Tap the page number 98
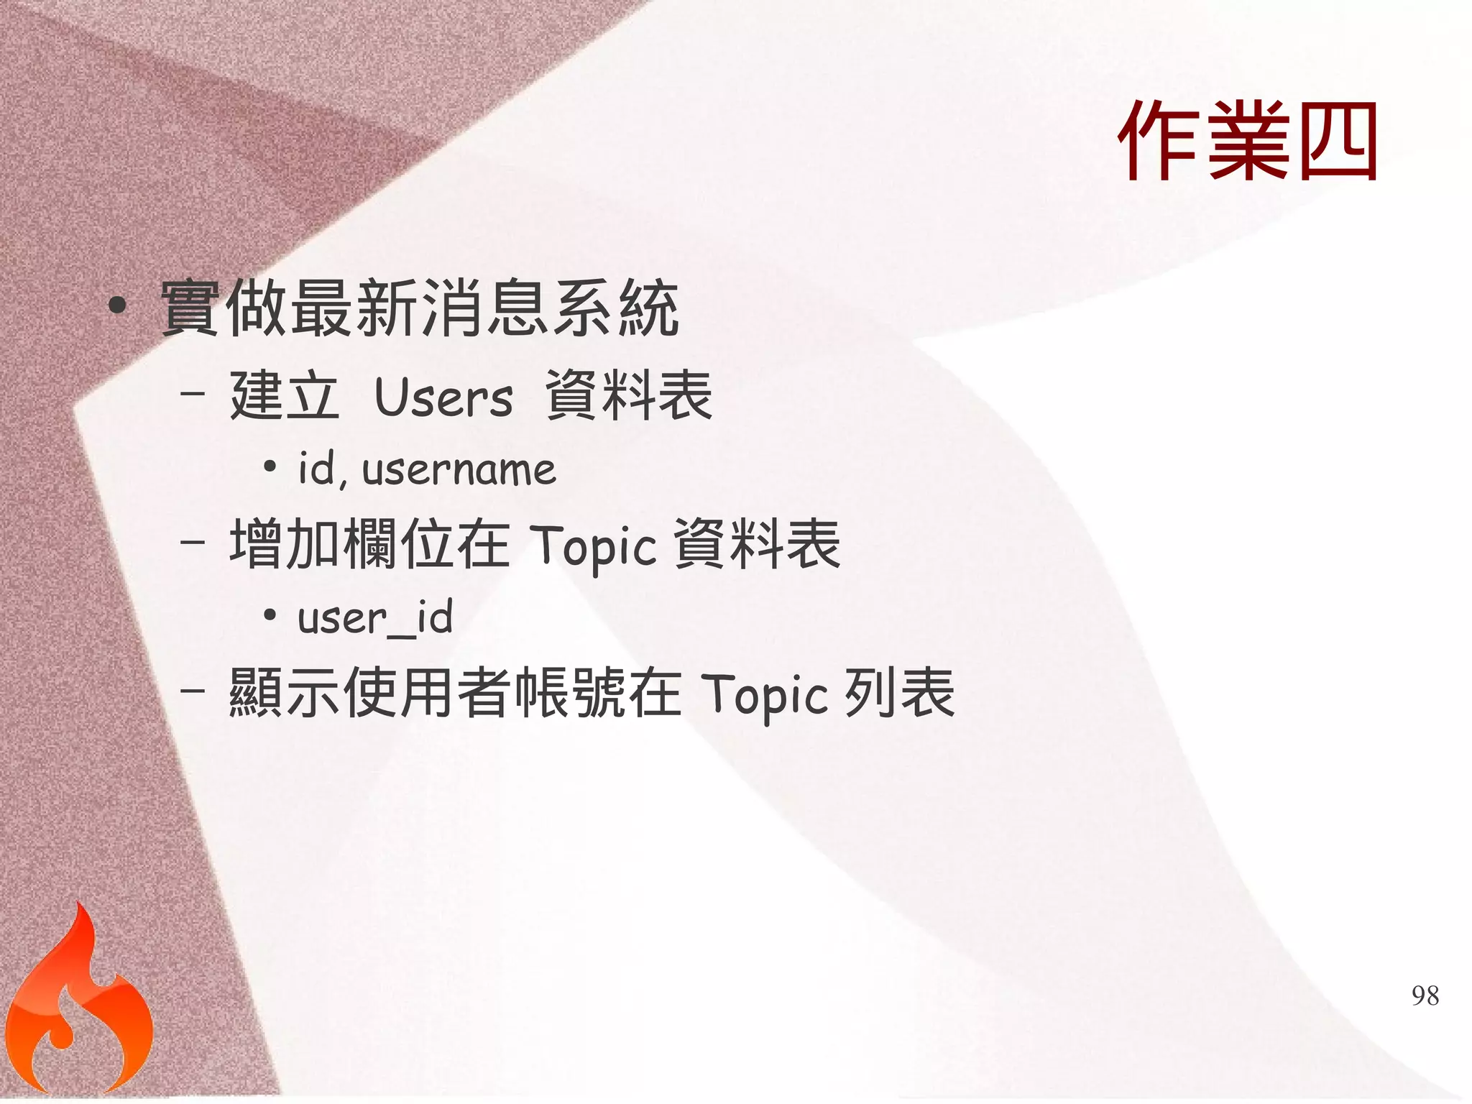(1425, 995)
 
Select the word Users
(443, 397)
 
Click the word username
(459, 470)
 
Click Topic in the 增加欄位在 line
(592, 546)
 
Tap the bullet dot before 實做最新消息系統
(117, 306)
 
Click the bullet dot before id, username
(270, 468)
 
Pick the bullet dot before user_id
(270, 615)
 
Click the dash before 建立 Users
(192, 394)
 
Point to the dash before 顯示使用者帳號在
(192, 691)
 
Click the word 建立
(284, 395)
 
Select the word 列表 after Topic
(899, 693)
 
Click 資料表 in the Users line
(629, 395)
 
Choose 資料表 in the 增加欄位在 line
(758, 544)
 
